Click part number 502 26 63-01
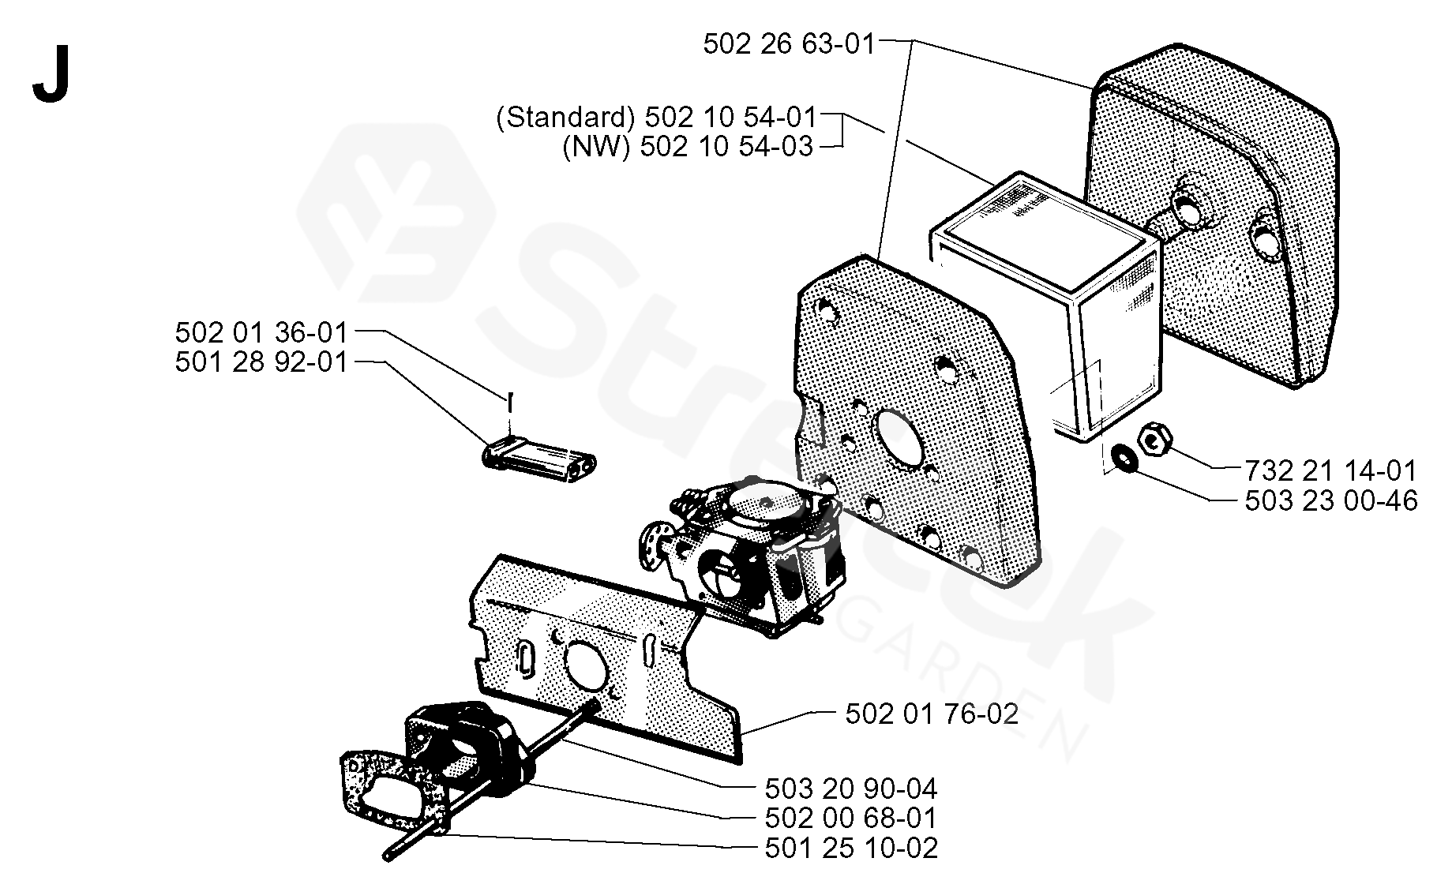pyautogui.click(x=790, y=43)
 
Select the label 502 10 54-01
pyautogui.click(x=730, y=118)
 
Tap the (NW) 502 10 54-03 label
pyautogui.click(x=688, y=147)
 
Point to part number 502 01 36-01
pyautogui.click(x=261, y=332)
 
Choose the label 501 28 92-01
pyautogui.click(x=261, y=362)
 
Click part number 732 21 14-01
pyautogui.click(x=1331, y=470)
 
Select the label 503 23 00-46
pyautogui.click(x=1331, y=500)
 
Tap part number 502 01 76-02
pyautogui.click(x=932, y=714)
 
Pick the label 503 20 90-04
pyautogui.click(x=851, y=788)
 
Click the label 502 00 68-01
pyautogui.click(x=851, y=818)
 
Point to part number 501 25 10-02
pyautogui.click(x=851, y=848)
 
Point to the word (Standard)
pyautogui.click(x=565, y=118)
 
